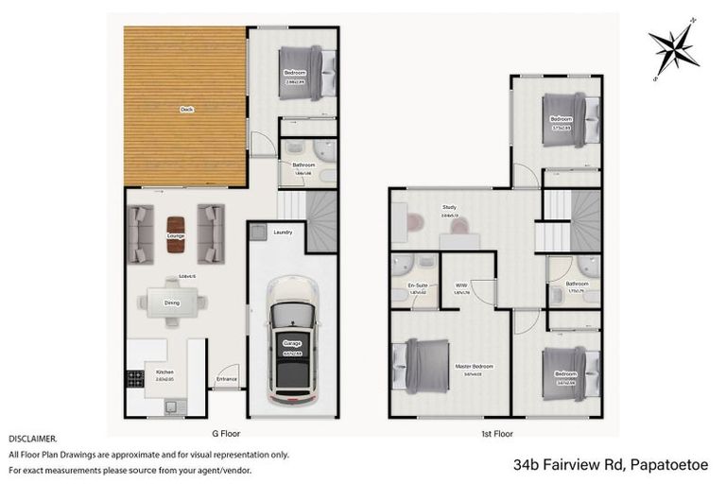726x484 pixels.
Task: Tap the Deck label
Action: click(x=186, y=111)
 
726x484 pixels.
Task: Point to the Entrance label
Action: click(x=227, y=379)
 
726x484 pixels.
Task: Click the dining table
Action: click(x=173, y=302)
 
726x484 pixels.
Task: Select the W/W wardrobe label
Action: click(x=461, y=285)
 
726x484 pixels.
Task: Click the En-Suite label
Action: click(x=418, y=285)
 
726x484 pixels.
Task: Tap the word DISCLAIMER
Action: click(x=33, y=439)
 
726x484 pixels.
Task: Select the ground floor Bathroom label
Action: click(x=302, y=164)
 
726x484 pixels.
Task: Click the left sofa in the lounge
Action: click(x=141, y=233)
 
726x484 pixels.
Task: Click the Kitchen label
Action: click(x=165, y=372)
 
